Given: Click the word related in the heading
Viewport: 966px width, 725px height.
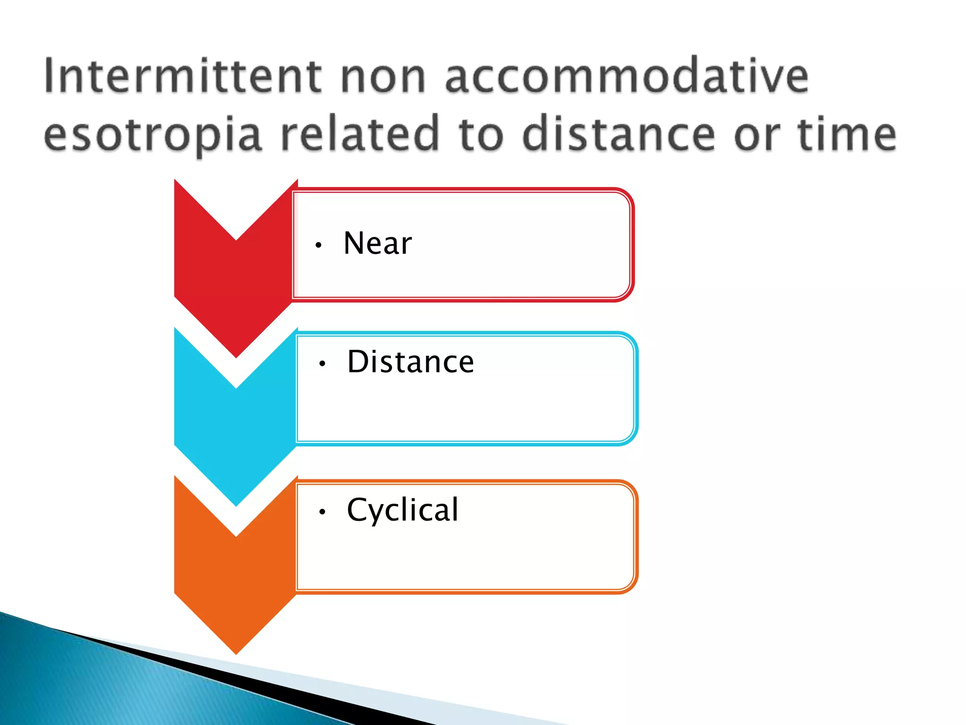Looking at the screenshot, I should [360, 134].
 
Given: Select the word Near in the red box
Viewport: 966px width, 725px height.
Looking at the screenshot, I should [377, 244].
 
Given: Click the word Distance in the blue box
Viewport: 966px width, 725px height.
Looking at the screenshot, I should [410, 362].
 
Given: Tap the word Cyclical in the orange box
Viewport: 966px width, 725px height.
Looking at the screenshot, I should [402, 510].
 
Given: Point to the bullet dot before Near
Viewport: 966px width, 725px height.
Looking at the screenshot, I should [319, 245].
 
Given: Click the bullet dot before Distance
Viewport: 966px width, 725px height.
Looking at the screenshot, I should [322, 363].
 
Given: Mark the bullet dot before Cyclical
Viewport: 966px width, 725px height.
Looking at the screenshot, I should [322, 512].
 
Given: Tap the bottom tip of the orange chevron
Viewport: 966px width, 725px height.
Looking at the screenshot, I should [236, 651].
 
